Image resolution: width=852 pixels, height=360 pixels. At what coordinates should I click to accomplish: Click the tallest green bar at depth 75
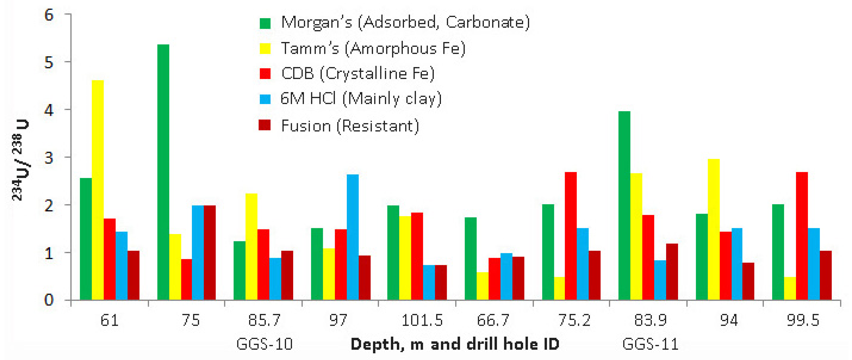tap(163, 172)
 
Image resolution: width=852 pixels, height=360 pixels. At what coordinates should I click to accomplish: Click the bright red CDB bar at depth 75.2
tap(571, 236)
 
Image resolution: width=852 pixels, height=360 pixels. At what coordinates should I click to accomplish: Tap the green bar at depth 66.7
tap(470, 258)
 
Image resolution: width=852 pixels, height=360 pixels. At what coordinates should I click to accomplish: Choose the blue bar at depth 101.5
tap(429, 282)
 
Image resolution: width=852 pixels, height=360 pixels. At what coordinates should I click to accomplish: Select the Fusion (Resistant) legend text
tap(350, 126)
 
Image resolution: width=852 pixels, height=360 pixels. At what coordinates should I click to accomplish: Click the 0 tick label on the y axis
tap(49, 300)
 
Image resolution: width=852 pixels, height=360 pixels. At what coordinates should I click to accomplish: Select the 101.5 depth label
tap(422, 320)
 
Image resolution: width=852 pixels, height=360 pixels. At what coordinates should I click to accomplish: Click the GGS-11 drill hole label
tap(650, 344)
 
